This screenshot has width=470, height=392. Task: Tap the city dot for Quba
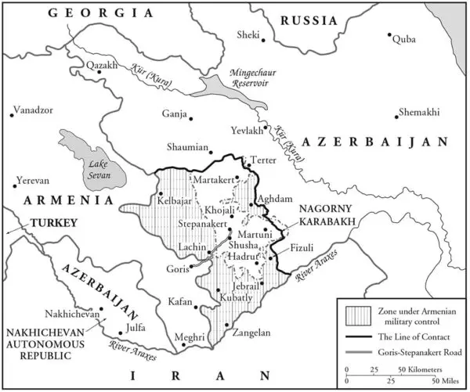(389, 35)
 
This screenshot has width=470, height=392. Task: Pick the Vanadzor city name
(35, 110)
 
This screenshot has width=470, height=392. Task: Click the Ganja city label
(173, 114)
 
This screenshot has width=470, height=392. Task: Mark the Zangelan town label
(251, 333)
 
